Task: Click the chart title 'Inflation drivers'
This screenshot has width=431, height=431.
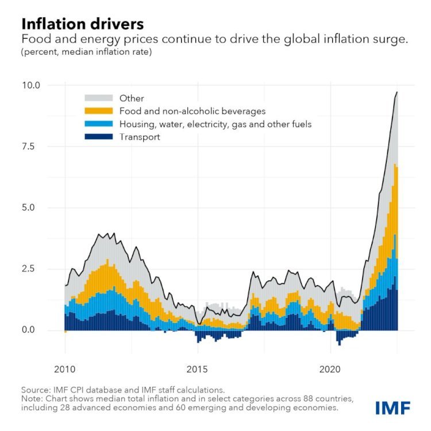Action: pyautogui.click(x=82, y=24)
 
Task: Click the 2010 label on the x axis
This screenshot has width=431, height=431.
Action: pyautogui.click(x=65, y=368)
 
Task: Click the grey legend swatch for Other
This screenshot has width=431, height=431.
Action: pyautogui.click(x=93, y=98)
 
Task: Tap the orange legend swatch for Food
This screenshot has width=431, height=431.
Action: pyautogui.click(x=93, y=111)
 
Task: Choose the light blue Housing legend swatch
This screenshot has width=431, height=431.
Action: pyautogui.click(x=93, y=124)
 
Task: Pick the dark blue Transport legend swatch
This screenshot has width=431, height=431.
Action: pyautogui.click(x=93, y=137)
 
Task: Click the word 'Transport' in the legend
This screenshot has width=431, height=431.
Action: pyautogui.click(x=140, y=137)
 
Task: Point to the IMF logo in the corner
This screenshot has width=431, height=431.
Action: pyautogui.click(x=392, y=408)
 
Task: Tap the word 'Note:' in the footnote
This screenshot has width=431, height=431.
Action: pyautogui.click(x=32, y=399)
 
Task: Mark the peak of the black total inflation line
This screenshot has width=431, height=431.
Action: pyautogui.click(x=397, y=92)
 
